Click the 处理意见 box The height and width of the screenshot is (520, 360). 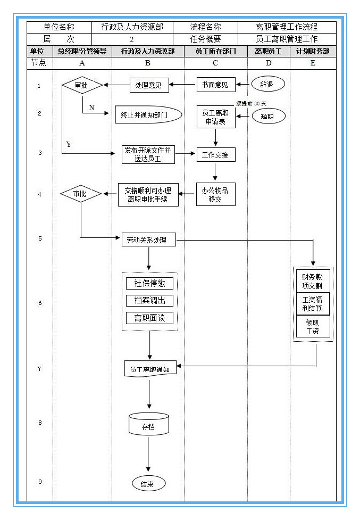(x=149, y=85)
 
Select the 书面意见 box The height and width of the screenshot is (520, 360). (x=216, y=85)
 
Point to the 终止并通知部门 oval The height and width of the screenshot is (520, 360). (x=148, y=115)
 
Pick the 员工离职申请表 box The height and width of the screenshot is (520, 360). (x=215, y=117)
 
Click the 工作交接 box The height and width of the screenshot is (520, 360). (x=215, y=155)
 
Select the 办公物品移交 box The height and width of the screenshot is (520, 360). (x=215, y=195)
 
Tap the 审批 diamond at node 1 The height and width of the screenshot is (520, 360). (x=81, y=85)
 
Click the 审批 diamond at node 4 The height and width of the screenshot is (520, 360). (x=80, y=194)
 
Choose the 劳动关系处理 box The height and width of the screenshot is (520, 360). (x=148, y=240)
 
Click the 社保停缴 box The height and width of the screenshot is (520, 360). (x=149, y=284)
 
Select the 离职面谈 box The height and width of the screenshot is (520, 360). (x=149, y=318)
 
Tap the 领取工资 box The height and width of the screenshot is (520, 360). (x=313, y=326)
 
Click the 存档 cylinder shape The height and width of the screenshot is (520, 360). (x=148, y=424)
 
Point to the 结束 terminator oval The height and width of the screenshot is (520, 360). (x=148, y=484)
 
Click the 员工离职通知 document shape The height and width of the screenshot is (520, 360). (x=150, y=368)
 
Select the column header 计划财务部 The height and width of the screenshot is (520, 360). (x=313, y=52)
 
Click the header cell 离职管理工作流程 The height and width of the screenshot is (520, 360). (x=287, y=27)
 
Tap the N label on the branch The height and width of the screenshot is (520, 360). (x=91, y=108)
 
